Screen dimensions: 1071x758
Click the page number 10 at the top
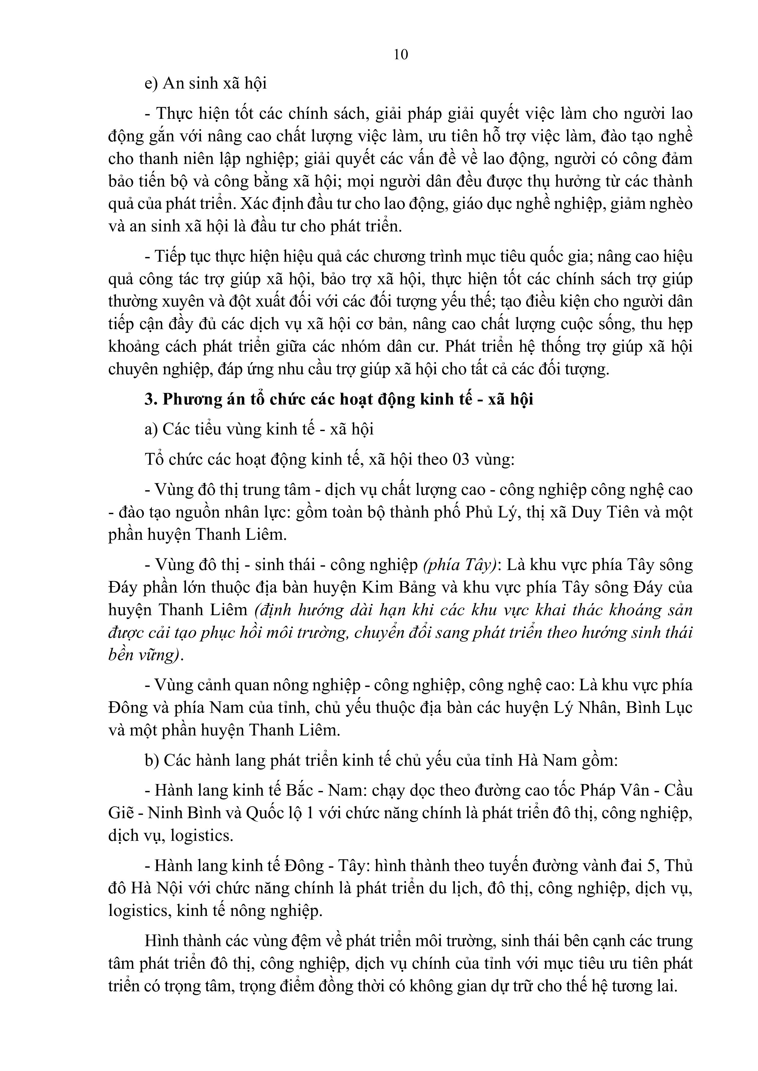pos(401,55)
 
